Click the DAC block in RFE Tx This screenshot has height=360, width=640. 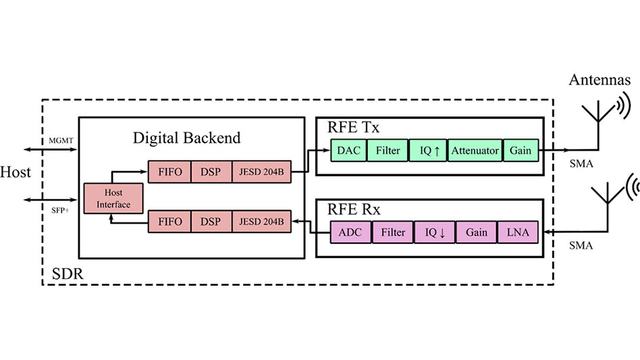348,151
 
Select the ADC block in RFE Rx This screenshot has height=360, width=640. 350,232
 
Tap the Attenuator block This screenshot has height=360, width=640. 475,151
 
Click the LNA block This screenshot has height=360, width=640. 518,232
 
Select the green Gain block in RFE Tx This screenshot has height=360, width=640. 521,151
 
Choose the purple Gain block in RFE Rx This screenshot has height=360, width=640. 476,232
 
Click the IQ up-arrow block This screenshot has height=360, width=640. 429,151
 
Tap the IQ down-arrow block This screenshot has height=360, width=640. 434,232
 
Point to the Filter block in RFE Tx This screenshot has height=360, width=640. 388,151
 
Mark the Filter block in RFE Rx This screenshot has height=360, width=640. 393,232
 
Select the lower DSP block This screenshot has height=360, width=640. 212,222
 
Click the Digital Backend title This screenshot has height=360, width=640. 186,138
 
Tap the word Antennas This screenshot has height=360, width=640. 600,80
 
